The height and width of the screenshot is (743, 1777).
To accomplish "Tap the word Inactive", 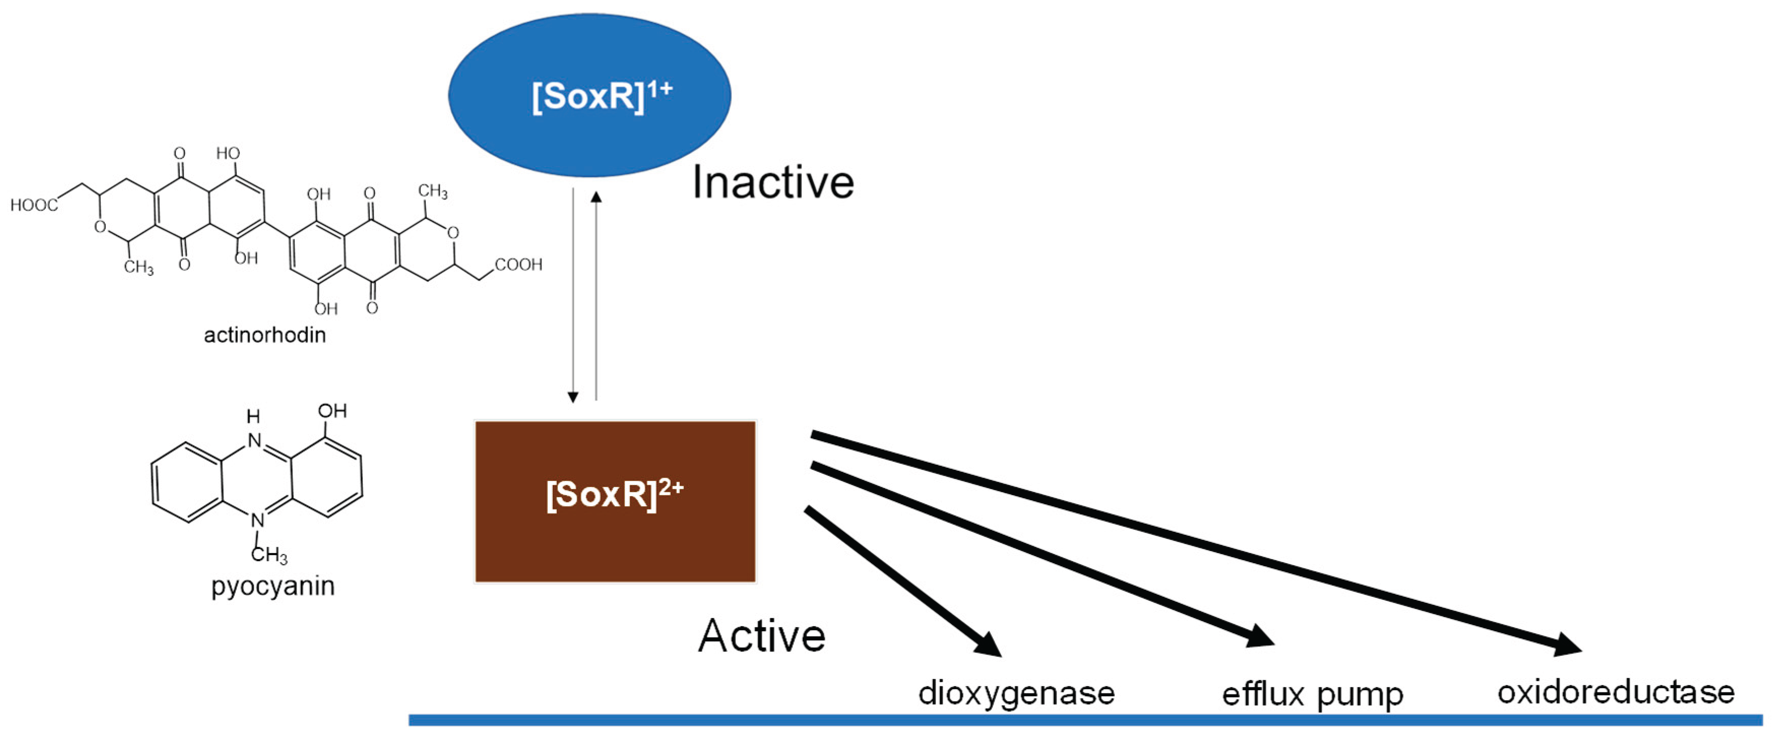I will point(773,183).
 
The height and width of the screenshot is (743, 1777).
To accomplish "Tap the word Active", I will point(761,635).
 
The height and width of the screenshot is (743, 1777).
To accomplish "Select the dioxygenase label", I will point(1016,693).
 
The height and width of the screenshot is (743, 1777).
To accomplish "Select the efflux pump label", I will point(1312,694).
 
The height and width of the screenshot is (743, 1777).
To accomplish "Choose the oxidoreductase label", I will point(1615,692).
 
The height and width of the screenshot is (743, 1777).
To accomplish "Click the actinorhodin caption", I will point(265,335).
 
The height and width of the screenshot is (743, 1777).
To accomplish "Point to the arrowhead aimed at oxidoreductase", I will point(1566,645).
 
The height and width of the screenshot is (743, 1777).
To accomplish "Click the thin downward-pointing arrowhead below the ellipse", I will point(573,397).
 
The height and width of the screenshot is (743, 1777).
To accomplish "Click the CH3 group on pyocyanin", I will point(270,554).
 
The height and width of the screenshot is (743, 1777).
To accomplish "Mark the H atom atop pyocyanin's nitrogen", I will point(253,416).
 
